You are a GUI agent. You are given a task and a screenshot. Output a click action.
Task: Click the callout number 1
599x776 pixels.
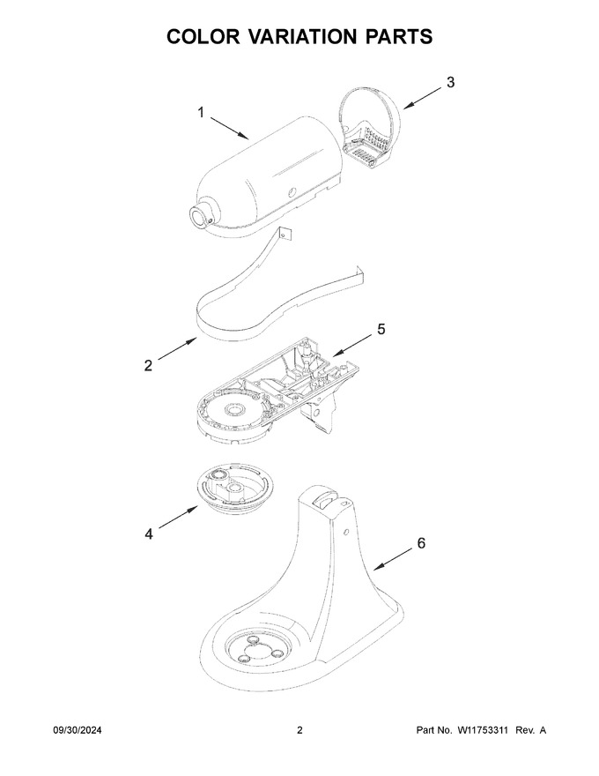[201, 113]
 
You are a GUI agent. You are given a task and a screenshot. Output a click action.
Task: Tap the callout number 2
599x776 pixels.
[148, 366]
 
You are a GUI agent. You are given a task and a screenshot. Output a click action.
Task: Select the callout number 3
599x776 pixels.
[450, 82]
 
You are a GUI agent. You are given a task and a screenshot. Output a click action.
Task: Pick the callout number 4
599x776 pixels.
[149, 534]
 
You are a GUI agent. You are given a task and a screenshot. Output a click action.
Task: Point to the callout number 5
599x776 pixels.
[381, 329]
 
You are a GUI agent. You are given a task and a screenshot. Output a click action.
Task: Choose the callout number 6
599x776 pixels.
[421, 543]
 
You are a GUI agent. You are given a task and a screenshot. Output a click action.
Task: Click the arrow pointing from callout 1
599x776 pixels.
[230, 128]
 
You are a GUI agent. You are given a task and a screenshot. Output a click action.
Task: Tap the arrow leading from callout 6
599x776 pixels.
[393, 560]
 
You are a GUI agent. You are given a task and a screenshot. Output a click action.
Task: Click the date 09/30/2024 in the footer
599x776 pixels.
[78, 730]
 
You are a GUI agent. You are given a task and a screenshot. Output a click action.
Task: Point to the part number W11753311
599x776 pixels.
[482, 730]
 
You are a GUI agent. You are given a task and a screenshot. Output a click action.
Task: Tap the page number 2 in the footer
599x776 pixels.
[299, 730]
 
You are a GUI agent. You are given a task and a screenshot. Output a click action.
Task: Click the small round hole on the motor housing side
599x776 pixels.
[293, 191]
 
